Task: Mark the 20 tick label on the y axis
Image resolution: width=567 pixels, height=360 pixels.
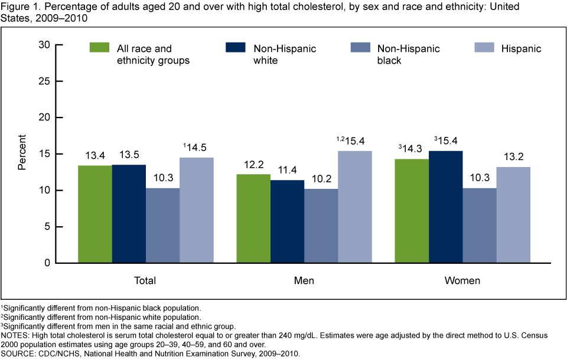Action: click(x=42, y=118)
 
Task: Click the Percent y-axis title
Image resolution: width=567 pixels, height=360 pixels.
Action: click(x=22, y=153)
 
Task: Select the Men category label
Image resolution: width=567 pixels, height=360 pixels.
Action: click(x=304, y=280)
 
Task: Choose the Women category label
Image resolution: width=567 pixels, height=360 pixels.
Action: click(x=462, y=280)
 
